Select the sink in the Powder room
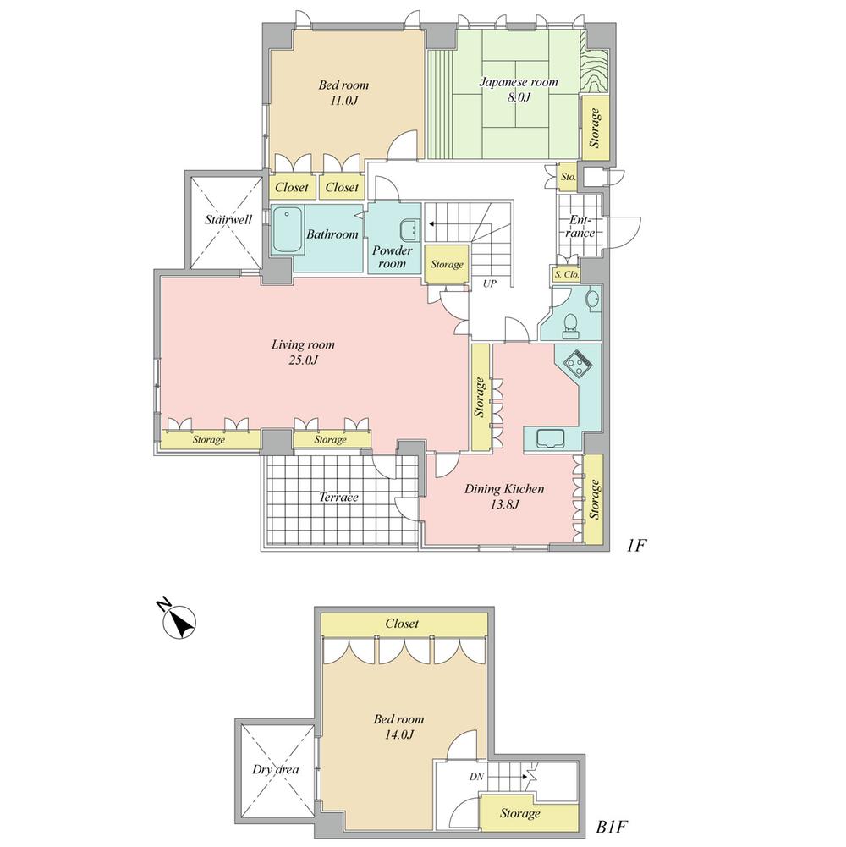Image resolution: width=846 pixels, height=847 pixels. click(x=409, y=229)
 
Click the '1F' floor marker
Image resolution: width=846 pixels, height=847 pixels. click(x=636, y=546)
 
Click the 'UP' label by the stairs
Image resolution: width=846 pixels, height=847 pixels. click(x=489, y=284)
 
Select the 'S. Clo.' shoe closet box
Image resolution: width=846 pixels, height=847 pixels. click(x=566, y=274)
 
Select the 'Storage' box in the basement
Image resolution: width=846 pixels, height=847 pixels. click(x=519, y=813)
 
